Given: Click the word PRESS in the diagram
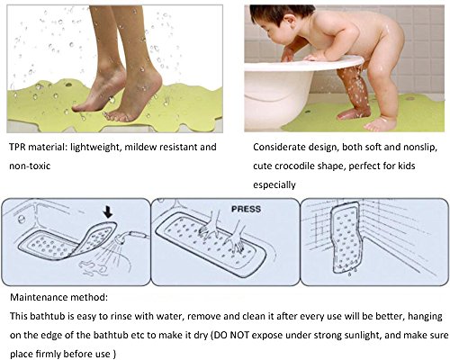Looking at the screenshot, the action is [x=246, y=209].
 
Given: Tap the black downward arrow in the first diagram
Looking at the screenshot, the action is [x=108, y=212].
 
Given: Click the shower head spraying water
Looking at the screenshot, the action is [x=124, y=238].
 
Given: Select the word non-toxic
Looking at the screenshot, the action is [x=30, y=166].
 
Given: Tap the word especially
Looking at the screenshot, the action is [x=274, y=185].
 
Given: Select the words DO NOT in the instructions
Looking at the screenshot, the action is [x=230, y=335].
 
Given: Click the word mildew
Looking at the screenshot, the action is [x=139, y=147].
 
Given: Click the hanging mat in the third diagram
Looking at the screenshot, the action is [x=346, y=237].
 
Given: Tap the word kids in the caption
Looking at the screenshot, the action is [x=407, y=166].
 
